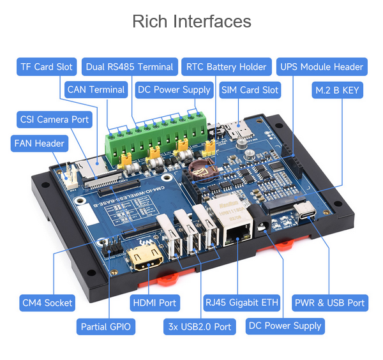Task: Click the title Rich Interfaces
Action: pos(191,22)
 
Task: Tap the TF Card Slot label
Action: pos(47,66)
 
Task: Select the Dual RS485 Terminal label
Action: pos(130,66)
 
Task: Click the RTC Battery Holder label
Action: pos(227,66)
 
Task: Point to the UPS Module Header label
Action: pos(322,66)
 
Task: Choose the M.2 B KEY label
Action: pos(337,90)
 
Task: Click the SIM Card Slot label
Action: pos(250,90)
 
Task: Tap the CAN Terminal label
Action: pos(96,89)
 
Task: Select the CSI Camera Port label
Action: pos(54,119)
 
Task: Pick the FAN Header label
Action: pos(40,144)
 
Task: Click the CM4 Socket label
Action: pos(47,303)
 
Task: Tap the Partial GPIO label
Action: pos(106,327)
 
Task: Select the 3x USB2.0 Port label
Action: pos(200,327)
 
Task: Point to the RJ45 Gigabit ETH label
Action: pos(241,303)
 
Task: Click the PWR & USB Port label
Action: pos(330,303)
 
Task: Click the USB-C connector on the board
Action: pos(304,211)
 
